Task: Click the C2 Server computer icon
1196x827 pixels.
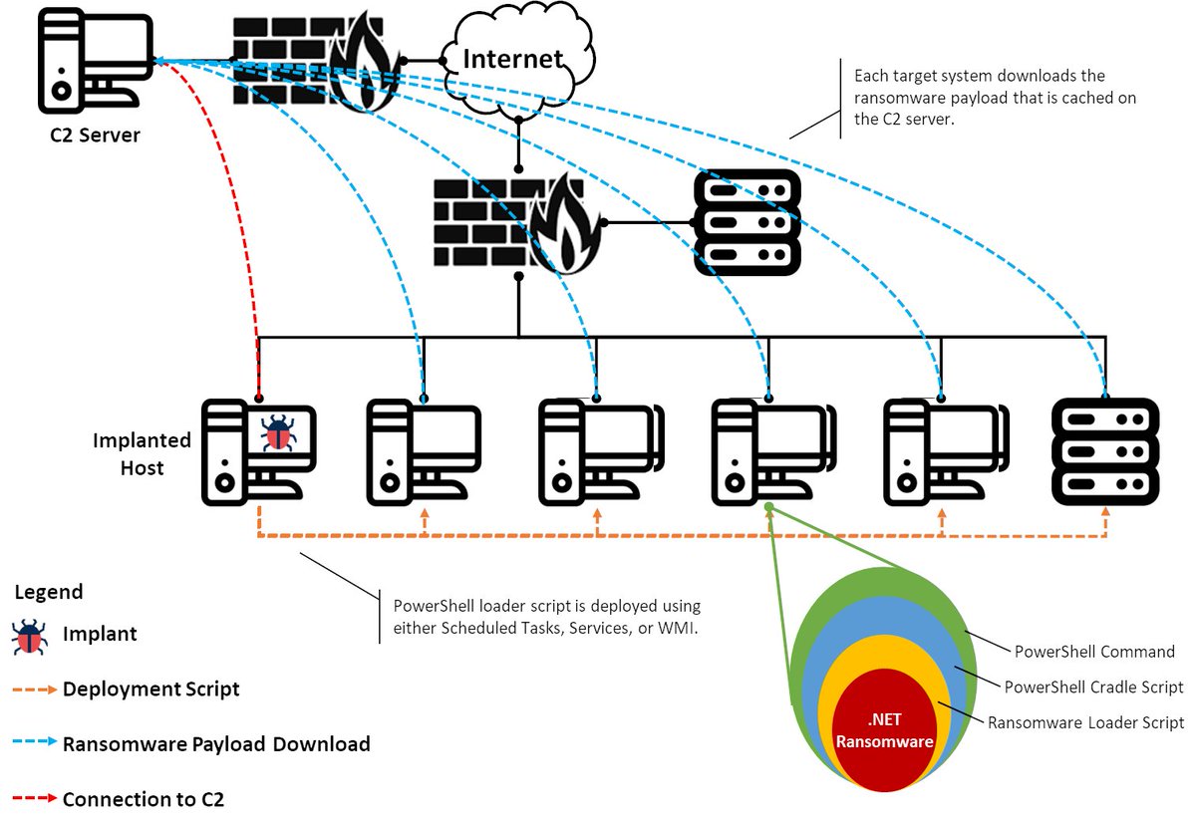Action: point(87,63)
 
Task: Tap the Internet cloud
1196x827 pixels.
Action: point(514,60)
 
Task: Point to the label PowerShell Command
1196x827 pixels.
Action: point(1094,652)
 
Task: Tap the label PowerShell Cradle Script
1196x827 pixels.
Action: point(1093,688)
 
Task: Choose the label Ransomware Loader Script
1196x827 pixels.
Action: point(1085,723)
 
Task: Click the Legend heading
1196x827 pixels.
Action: point(49,592)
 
